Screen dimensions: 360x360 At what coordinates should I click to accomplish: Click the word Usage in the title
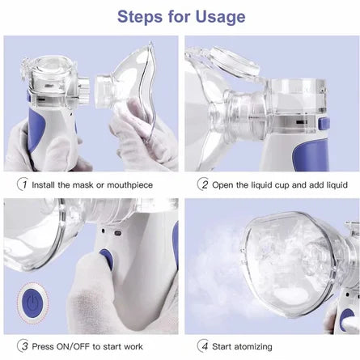[220, 17]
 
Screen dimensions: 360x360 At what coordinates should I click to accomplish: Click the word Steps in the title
[140, 17]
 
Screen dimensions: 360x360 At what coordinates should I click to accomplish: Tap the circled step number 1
[23, 184]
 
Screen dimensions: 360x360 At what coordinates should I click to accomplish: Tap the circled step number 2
[203, 184]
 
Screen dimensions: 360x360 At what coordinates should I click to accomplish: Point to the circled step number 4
[203, 346]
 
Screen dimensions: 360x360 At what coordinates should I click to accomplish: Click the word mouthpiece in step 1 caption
[130, 185]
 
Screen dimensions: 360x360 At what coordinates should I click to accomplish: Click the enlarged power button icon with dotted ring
[32, 303]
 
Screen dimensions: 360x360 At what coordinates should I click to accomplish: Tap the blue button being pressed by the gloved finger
[107, 259]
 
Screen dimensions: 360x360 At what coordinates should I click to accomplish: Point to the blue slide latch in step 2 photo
[324, 123]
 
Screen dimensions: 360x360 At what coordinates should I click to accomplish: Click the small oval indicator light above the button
[118, 233]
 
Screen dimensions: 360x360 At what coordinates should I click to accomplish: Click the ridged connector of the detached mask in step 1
[103, 91]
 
